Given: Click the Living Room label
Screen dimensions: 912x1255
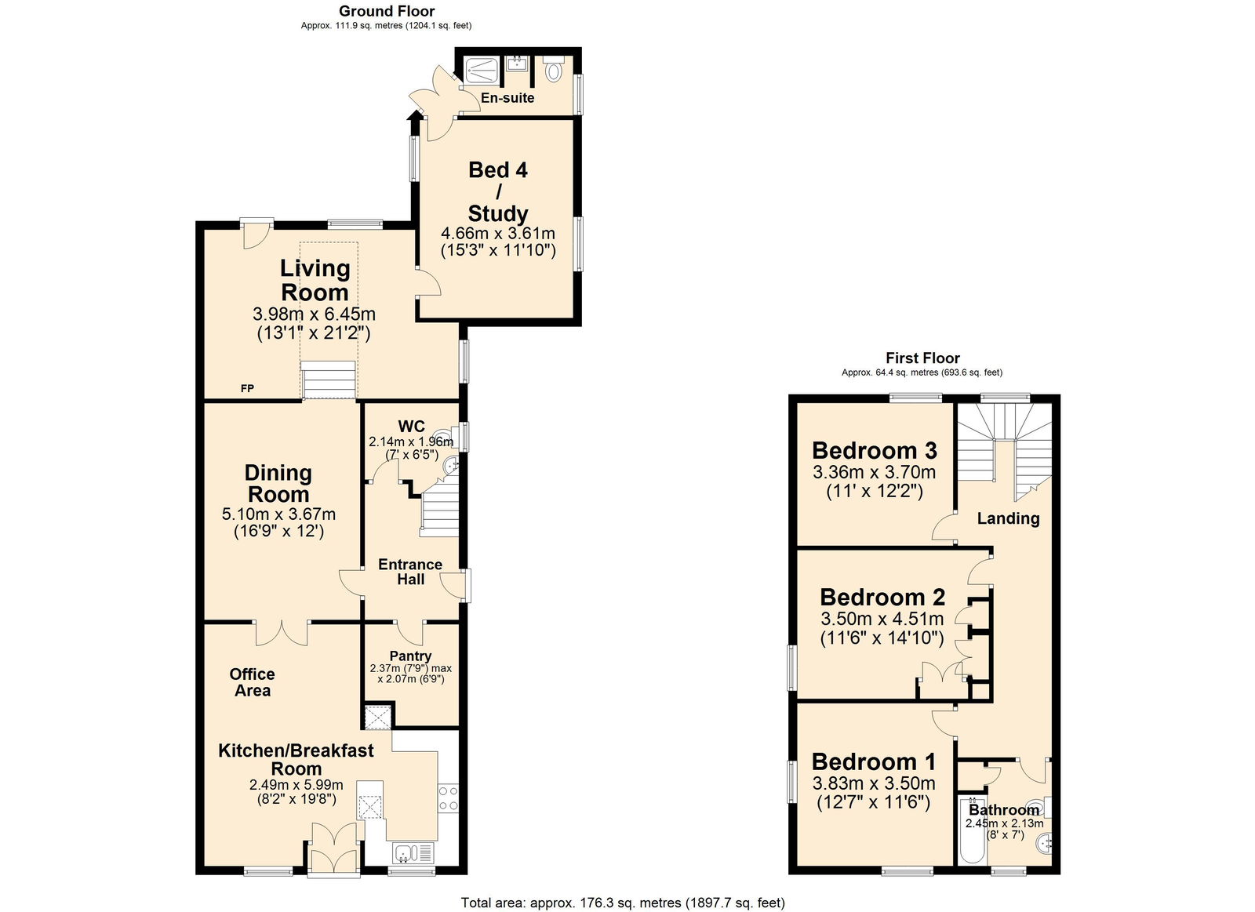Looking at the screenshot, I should coord(315,280).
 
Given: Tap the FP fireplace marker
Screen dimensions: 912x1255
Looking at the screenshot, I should coord(247,388).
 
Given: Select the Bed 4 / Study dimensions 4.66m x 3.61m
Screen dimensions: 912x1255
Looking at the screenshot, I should coord(498,233).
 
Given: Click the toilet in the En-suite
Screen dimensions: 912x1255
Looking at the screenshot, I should coord(555,71).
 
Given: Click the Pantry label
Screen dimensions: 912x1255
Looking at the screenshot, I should coord(410,656).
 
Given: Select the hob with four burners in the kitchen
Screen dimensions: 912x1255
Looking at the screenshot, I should coord(448,798).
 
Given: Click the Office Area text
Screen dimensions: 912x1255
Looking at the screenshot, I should coord(252,682).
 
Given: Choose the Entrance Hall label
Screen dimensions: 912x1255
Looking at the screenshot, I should coord(410,572).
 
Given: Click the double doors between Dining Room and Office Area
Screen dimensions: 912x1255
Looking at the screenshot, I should coord(282,632).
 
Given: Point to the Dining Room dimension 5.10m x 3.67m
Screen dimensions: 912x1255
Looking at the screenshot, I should coord(278,514).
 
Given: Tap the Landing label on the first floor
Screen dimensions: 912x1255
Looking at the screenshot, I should coord(1008,518).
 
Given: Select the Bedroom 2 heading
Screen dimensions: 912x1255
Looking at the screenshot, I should coord(882,598).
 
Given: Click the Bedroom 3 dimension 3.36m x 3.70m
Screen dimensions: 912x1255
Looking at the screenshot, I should coord(874,472).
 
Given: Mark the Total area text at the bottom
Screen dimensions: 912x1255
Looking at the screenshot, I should coord(622,903).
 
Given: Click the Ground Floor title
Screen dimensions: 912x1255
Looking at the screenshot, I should coord(386,11).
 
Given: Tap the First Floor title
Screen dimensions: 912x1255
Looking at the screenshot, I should coord(922,358).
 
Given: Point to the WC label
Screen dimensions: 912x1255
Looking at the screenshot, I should coord(411,427).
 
